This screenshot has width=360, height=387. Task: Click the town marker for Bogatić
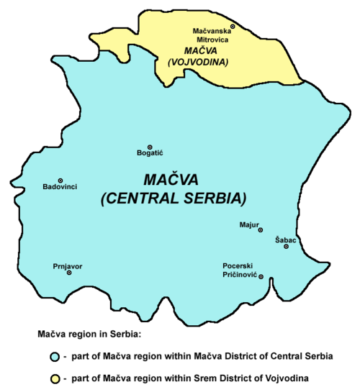tap(150, 146)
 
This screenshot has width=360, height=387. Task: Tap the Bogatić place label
tap(150, 154)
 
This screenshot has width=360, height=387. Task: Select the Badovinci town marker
tap(60, 181)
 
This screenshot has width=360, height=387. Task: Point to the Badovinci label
tap(60, 189)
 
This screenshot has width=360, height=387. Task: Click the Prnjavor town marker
tap(69, 273)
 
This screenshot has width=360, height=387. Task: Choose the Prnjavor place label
tap(68, 265)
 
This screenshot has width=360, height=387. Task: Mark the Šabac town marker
tap(286, 247)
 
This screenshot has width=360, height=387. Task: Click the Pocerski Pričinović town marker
tap(261, 277)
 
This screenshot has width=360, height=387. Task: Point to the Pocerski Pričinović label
tap(240, 270)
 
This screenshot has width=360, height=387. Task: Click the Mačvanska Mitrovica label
tap(211, 36)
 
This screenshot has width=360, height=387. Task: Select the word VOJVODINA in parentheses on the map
tap(197, 63)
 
